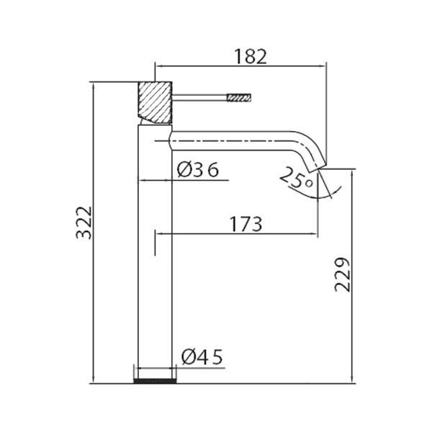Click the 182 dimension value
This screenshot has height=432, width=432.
click(251, 56)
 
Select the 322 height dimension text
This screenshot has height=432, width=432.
click(84, 222)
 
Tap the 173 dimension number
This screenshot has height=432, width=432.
click(246, 224)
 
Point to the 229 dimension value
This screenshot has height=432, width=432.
click(342, 275)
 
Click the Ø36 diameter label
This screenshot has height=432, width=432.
click(198, 169)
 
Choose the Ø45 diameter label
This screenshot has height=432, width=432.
click(202, 357)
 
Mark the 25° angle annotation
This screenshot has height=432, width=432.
click(297, 179)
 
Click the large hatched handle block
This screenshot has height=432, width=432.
click(155, 103)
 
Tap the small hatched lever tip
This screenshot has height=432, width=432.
click(239, 97)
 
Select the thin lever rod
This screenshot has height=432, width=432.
click(199, 97)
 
